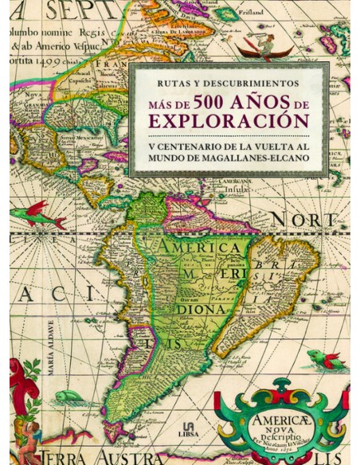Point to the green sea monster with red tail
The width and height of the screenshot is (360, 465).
coord(324,360)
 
